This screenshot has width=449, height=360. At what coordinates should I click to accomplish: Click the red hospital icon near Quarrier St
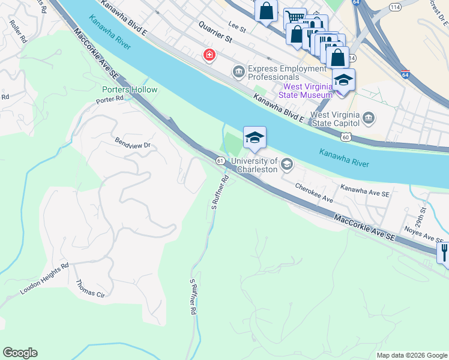(209, 56)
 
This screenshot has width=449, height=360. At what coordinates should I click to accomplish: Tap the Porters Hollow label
(129, 90)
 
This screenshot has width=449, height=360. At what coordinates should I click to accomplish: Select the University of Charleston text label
(255, 164)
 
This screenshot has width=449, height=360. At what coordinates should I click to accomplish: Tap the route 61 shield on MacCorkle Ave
(220, 160)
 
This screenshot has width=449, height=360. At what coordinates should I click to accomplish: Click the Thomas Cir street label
(90, 289)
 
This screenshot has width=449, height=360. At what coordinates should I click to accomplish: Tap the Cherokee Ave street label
(313, 193)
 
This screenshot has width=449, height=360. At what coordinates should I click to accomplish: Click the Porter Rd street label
(109, 100)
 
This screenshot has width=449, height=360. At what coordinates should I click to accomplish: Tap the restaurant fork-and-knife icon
(444, 252)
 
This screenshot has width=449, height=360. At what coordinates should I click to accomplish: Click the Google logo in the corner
(20, 353)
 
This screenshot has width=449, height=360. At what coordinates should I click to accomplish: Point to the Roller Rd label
(19, 32)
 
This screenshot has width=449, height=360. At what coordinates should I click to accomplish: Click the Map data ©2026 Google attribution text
(411, 355)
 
